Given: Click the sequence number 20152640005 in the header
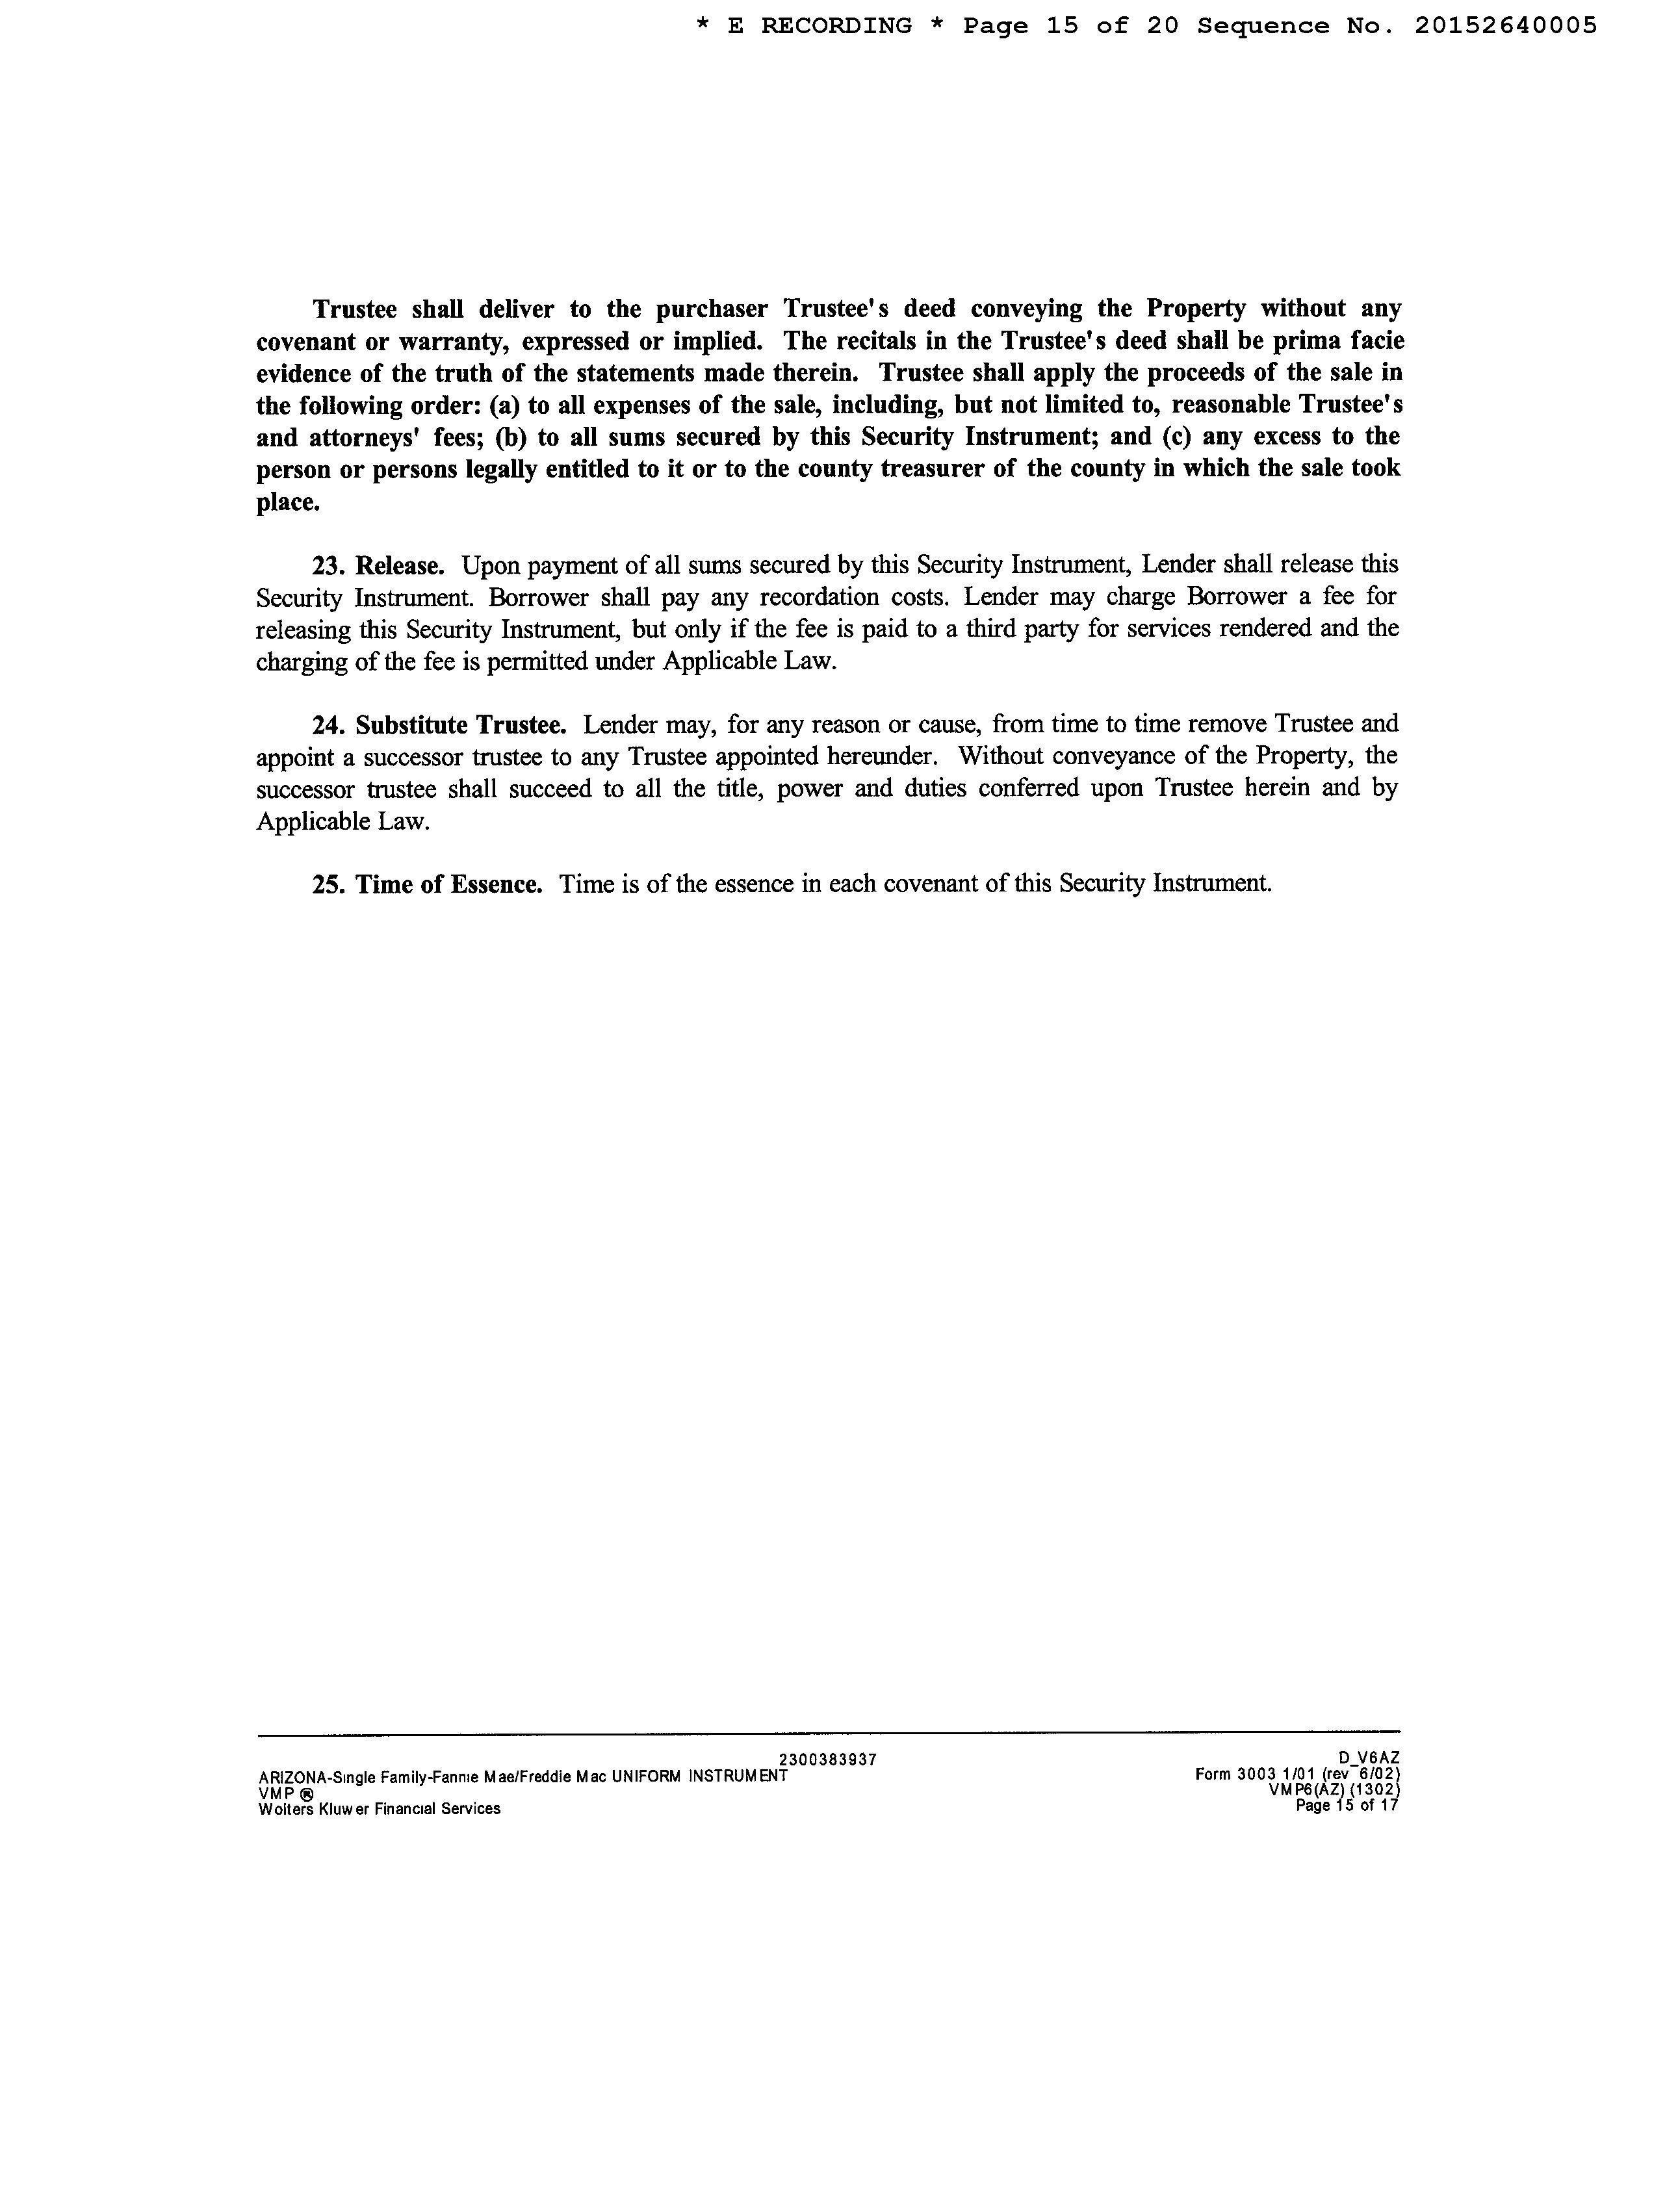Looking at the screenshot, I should point(1505,26).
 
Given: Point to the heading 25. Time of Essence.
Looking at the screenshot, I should point(427,884).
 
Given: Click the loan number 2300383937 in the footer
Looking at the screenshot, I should point(827,1759).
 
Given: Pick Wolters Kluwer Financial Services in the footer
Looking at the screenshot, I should point(379,1808).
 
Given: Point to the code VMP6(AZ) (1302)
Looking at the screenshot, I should point(1332,1789).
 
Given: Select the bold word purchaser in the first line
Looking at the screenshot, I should point(712,309).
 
